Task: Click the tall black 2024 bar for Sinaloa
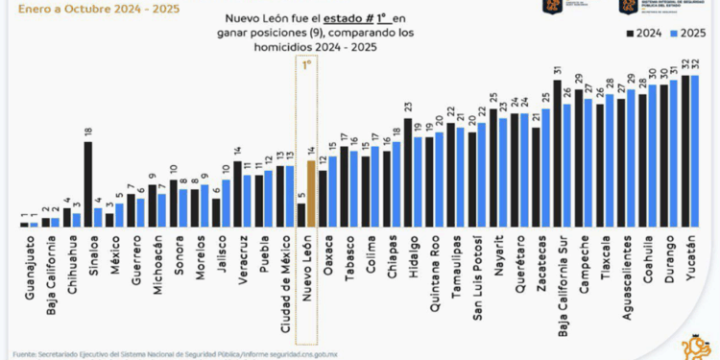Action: click(x=88, y=183)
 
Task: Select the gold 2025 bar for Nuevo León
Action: click(x=311, y=193)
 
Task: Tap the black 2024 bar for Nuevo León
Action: click(x=301, y=215)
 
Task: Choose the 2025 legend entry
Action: click(x=684, y=33)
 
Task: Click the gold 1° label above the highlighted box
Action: click(x=307, y=65)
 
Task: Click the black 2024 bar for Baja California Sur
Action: click(x=557, y=154)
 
